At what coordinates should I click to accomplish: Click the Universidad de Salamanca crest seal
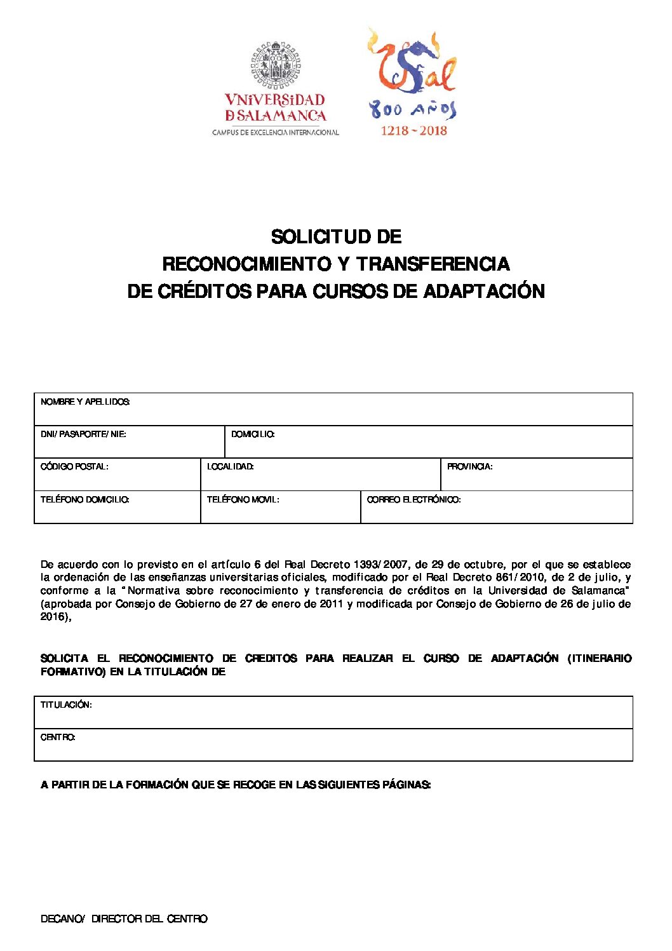(x=275, y=64)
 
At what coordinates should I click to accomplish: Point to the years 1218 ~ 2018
(x=413, y=131)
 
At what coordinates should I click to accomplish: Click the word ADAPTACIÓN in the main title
(x=484, y=291)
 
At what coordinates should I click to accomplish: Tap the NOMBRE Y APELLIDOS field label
(x=85, y=402)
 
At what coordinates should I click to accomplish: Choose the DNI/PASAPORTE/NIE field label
(x=83, y=435)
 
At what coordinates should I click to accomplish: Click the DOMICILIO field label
(x=253, y=435)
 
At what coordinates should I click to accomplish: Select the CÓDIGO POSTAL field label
(x=74, y=467)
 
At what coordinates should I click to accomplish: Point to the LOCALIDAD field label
(x=231, y=467)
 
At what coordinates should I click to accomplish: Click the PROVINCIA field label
(x=469, y=467)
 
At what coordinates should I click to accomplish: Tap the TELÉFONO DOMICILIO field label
(x=85, y=500)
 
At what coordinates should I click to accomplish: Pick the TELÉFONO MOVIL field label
(x=243, y=500)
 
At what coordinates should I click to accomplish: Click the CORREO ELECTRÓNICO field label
(x=413, y=500)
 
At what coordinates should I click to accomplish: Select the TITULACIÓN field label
(x=66, y=705)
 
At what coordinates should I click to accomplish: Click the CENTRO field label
(x=58, y=738)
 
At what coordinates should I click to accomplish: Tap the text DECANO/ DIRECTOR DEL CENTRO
(x=124, y=919)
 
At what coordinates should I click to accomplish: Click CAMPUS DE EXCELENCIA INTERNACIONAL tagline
(x=275, y=133)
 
